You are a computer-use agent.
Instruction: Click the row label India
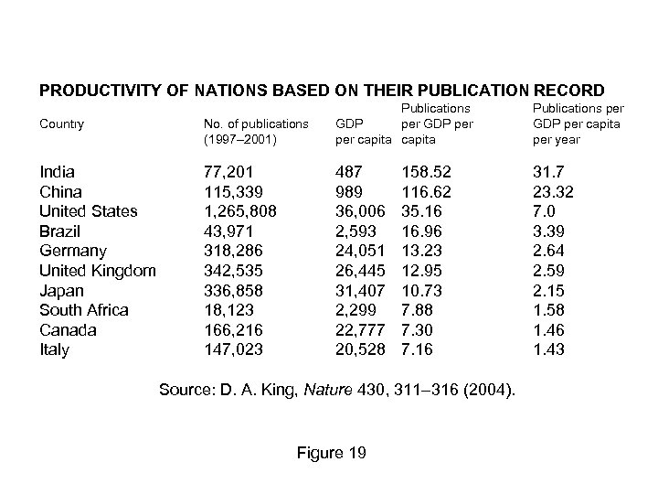click(57, 172)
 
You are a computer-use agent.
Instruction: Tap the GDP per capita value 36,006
click(362, 211)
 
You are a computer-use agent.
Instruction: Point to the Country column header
click(62, 123)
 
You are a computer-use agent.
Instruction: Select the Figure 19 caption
click(331, 453)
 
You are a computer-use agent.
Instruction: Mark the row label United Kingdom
click(98, 271)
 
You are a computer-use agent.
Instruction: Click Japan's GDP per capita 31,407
click(362, 290)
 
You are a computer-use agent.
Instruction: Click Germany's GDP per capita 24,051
click(362, 251)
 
